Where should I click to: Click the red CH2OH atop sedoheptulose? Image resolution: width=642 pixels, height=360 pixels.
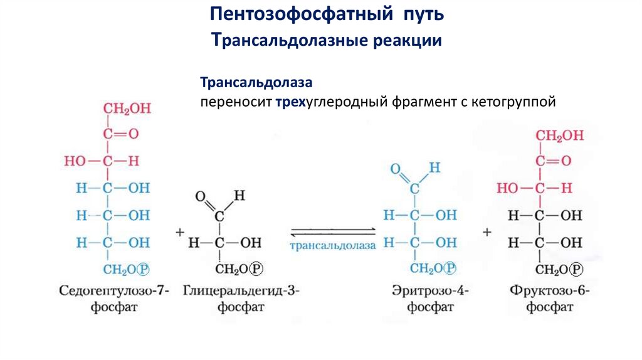(127, 109)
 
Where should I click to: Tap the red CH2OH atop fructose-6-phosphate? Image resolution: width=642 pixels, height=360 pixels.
(560, 135)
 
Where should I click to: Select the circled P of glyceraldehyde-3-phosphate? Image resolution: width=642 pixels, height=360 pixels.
(256, 269)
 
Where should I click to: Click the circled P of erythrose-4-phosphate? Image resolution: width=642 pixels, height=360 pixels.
(449, 269)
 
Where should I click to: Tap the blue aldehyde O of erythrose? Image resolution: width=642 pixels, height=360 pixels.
(395, 169)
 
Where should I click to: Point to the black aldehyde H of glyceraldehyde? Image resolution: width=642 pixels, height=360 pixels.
(238, 196)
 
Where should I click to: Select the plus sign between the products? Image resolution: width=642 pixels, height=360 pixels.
(487, 232)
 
